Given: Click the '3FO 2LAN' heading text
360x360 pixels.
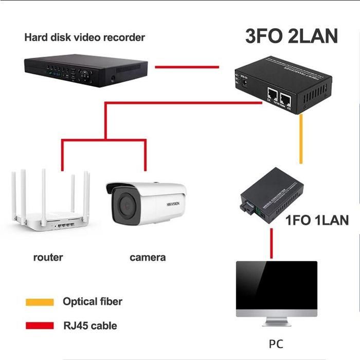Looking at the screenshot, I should point(291,37).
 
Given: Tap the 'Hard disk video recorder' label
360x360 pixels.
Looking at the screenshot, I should point(85,38).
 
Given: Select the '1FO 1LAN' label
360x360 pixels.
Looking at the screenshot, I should point(317,221).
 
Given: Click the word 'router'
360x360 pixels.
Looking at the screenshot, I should point(48,257).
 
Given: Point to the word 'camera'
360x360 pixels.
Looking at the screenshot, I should point(148,257).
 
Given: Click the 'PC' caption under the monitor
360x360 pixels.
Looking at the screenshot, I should point(276,344).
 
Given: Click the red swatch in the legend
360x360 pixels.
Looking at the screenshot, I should point(40,325).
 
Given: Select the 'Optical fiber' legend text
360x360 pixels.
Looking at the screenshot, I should point(93,301).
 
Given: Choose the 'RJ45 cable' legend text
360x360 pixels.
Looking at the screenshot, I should point(89,325).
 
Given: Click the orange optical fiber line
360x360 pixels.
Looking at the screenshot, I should point(301,139).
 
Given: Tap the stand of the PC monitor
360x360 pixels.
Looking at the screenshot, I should point(276,321).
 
